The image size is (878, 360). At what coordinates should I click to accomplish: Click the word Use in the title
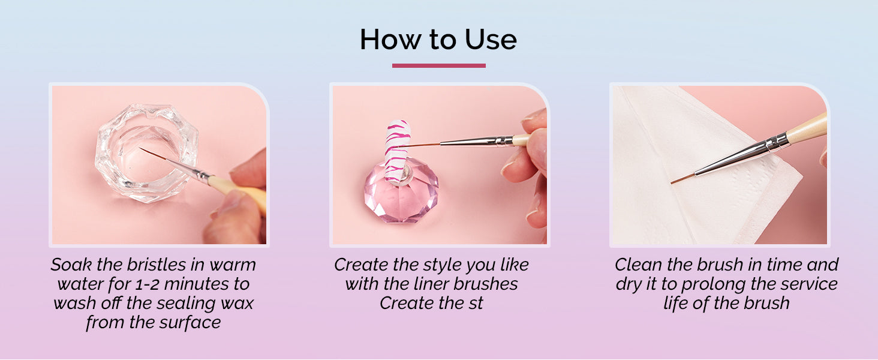[491, 40]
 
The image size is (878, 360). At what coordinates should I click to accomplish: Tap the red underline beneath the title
[438, 65]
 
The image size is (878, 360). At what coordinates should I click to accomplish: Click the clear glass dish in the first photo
[146, 152]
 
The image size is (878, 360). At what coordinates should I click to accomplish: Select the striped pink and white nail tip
[398, 151]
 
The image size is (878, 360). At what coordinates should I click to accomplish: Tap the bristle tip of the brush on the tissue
[671, 183]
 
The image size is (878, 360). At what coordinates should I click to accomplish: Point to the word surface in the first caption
[190, 322]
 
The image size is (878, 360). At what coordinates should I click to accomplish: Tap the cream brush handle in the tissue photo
[807, 128]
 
